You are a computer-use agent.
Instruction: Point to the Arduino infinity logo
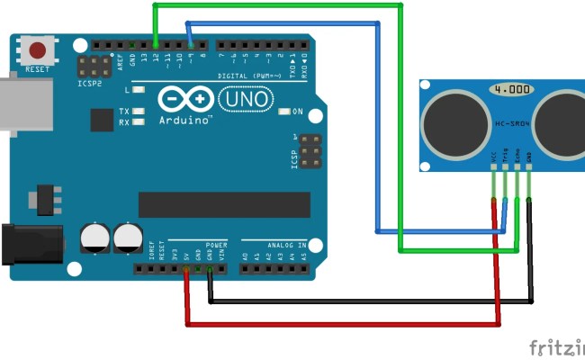tap(188, 97)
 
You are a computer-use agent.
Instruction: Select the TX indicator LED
tap(138, 112)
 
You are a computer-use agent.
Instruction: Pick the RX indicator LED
tap(138, 122)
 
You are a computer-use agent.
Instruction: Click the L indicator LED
tap(138, 90)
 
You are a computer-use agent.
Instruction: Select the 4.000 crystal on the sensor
tap(511, 90)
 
